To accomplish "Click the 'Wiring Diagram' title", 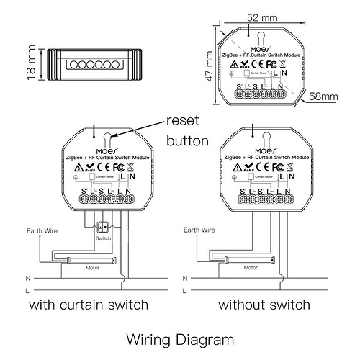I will (179, 338).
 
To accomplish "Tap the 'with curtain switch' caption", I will (89, 305).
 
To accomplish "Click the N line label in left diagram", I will (27, 277).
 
